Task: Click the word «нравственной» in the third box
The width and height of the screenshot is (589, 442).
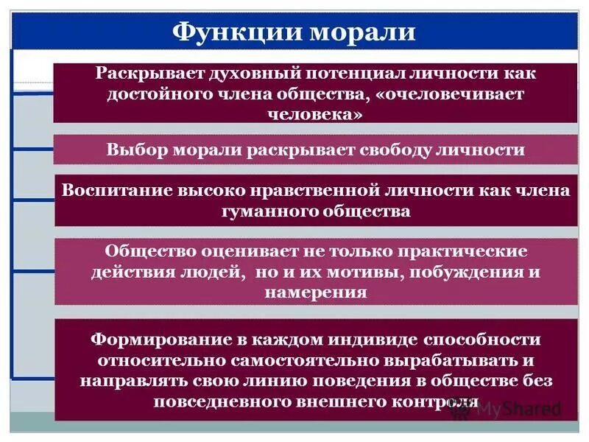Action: tap(318, 190)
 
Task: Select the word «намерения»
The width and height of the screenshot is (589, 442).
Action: tap(314, 292)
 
